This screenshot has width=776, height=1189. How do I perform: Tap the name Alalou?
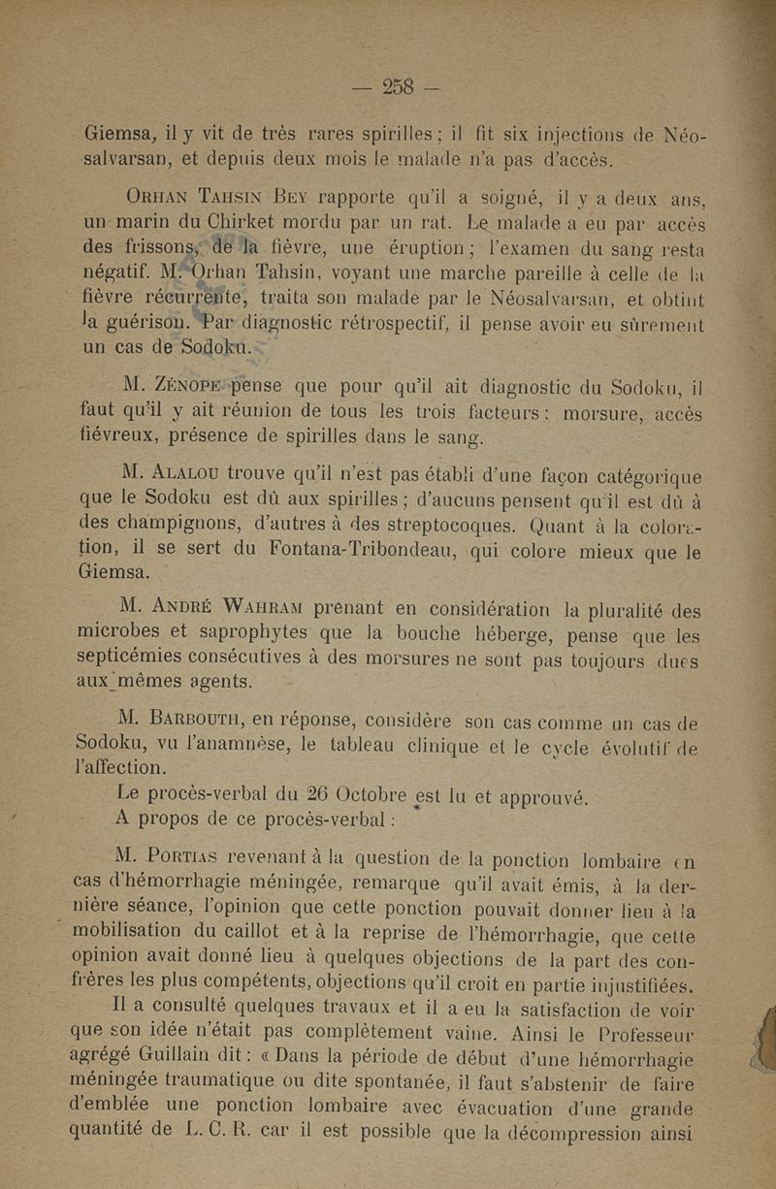[x=205, y=475]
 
